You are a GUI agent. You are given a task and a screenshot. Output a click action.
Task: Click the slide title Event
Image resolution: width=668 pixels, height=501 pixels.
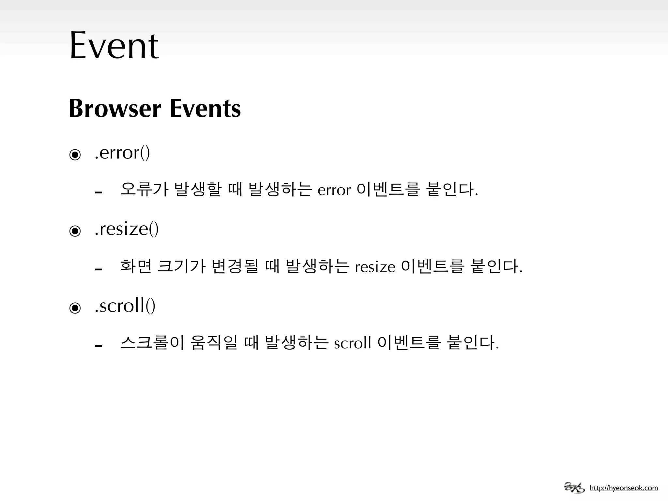click(x=114, y=46)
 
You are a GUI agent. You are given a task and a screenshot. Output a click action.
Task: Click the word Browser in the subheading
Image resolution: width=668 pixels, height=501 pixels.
click(x=115, y=109)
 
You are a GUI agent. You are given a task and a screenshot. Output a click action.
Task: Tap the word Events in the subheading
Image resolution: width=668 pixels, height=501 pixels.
click(x=205, y=109)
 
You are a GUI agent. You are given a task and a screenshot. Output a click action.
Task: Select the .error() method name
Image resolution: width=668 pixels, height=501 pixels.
click(x=122, y=153)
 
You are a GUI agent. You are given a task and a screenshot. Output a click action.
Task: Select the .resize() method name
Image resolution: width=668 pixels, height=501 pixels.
click(x=127, y=229)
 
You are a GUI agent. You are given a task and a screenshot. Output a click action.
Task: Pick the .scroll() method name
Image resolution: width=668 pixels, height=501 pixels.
click(x=125, y=306)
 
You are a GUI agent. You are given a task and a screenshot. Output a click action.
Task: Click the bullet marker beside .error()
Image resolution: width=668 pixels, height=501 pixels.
click(x=75, y=155)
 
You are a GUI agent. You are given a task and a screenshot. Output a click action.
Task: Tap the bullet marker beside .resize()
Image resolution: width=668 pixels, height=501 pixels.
click(x=75, y=231)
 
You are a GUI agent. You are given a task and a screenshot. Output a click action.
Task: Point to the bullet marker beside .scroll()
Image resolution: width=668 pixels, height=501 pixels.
click(x=75, y=308)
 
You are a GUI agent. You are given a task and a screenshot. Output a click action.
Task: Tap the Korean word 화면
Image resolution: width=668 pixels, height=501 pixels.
click(x=136, y=266)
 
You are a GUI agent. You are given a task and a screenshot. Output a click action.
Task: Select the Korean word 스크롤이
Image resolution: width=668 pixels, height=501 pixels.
click(x=153, y=342)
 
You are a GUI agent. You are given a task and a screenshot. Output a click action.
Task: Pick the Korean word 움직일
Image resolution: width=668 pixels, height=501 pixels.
click(x=214, y=342)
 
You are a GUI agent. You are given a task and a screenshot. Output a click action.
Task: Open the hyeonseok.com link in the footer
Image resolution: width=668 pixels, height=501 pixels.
click(x=624, y=488)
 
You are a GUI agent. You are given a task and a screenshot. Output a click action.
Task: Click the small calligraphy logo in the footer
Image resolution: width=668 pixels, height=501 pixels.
click(x=574, y=488)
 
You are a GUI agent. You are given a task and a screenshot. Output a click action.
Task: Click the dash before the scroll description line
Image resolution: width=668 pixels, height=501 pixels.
click(x=99, y=345)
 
